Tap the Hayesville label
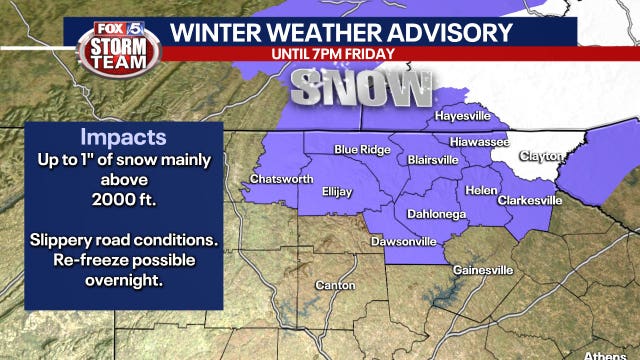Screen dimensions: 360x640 pos(464,116)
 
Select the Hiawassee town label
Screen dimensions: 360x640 pos(472,142)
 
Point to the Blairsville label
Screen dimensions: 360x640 pos(433,160)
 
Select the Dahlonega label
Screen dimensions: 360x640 pos(436,213)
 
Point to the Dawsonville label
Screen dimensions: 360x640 pos(403,241)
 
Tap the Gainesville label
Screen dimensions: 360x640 pos(483,270)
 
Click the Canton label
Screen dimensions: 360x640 pos(334,286)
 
